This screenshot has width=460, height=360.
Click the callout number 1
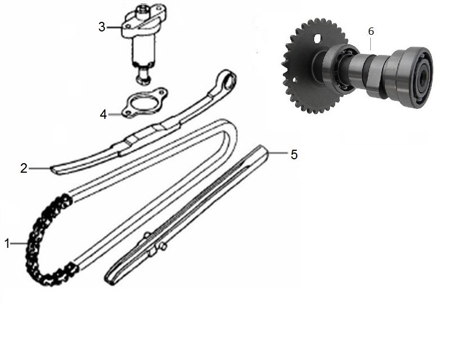(7, 243)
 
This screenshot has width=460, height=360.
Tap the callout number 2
(24, 168)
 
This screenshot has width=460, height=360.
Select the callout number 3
(102, 27)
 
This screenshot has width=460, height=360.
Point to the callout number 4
(103, 114)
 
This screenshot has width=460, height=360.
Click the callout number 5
(294, 155)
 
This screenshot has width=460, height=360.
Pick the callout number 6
(371, 31)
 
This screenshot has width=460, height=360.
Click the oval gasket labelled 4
(145, 103)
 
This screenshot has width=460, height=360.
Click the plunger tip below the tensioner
(144, 77)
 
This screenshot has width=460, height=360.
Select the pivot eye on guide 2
(227, 80)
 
